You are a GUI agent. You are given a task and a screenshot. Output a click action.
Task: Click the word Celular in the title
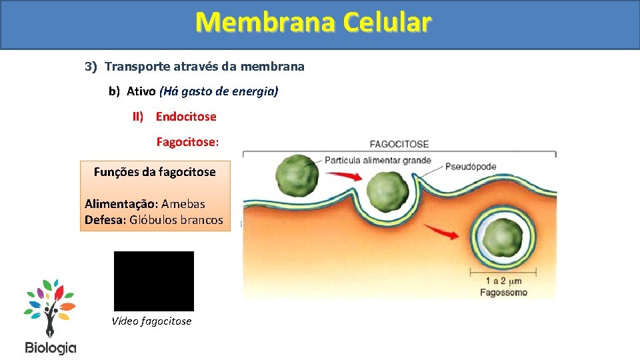coord(387,22)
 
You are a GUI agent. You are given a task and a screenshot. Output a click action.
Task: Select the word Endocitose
coord(186,117)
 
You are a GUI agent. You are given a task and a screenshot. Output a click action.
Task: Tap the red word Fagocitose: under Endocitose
coord(187,142)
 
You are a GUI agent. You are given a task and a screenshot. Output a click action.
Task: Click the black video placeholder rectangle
coord(154,281)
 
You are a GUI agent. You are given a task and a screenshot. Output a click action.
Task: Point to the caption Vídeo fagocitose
coord(151,321)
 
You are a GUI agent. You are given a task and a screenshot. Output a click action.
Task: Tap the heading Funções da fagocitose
coord(155,172)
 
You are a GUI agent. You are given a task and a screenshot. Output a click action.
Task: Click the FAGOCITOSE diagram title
coord(399,144)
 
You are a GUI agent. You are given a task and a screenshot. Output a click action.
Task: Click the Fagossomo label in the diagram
coord(503,292)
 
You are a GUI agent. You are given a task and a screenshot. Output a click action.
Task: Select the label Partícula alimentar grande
coord(377,161)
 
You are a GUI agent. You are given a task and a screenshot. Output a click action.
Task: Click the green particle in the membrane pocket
coord(385,191)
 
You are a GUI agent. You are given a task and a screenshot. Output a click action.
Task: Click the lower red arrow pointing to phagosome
coord(441,231)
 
